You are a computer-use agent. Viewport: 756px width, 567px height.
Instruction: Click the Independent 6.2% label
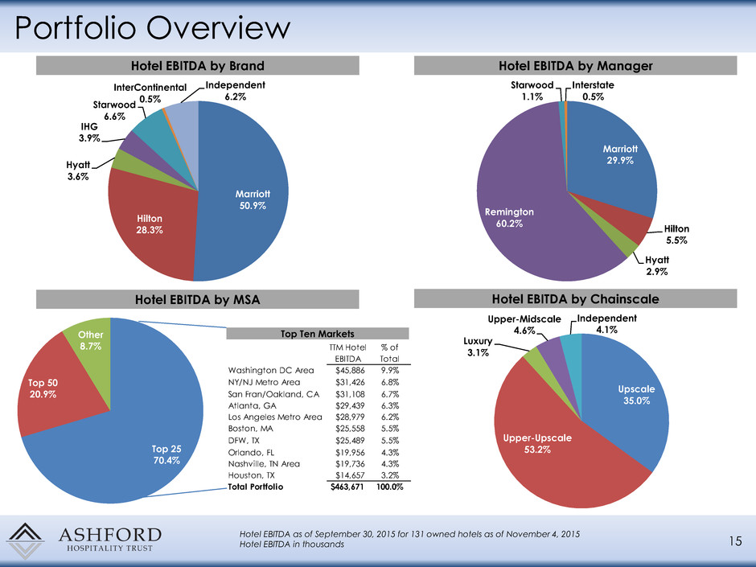tap(235, 91)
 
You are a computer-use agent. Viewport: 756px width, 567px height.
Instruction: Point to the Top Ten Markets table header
tap(319, 332)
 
